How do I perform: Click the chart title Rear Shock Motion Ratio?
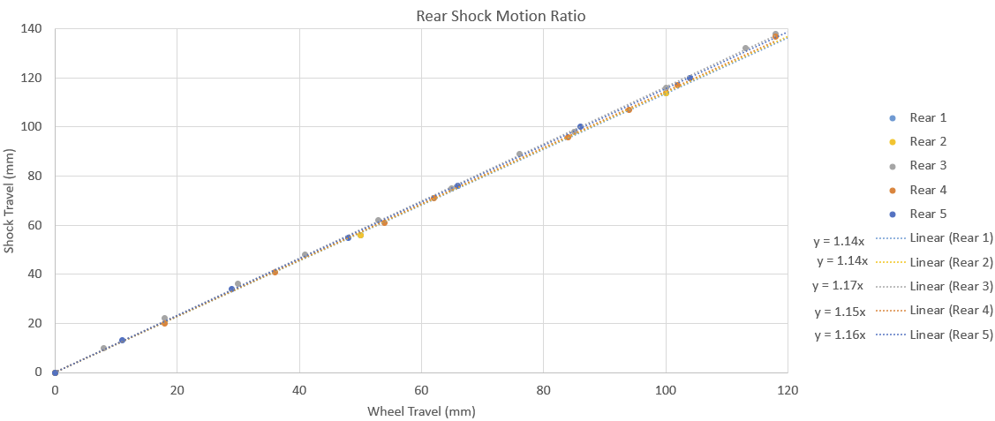pyautogui.click(x=501, y=16)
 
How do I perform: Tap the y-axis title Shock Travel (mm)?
pyautogui.click(x=10, y=200)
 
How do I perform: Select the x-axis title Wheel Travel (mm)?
pyautogui.click(x=421, y=411)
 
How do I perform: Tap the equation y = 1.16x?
pyautogui.click(x=840, y=335)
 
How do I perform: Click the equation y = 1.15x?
pyautogui.click(x=840, y=311)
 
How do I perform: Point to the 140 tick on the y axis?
pyautogui.click(x=32, y=29)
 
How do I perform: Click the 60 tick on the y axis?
pyautogui.click(x=35, y=225)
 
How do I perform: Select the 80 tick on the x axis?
pyautogui.click(x=543, y=390)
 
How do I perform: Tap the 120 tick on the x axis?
pyautogui.click(x=787, y=390)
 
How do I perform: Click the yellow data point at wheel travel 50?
pyautogui.click(x=360, y=235)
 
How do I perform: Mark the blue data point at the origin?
pyautogui.click(x=55, y=372)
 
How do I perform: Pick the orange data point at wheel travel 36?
pyautogui.click(x=275, y=272)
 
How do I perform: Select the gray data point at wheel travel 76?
pyautogui.click(x=519, y=154)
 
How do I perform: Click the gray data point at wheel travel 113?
pyautogui.click(x=745, y=49)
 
